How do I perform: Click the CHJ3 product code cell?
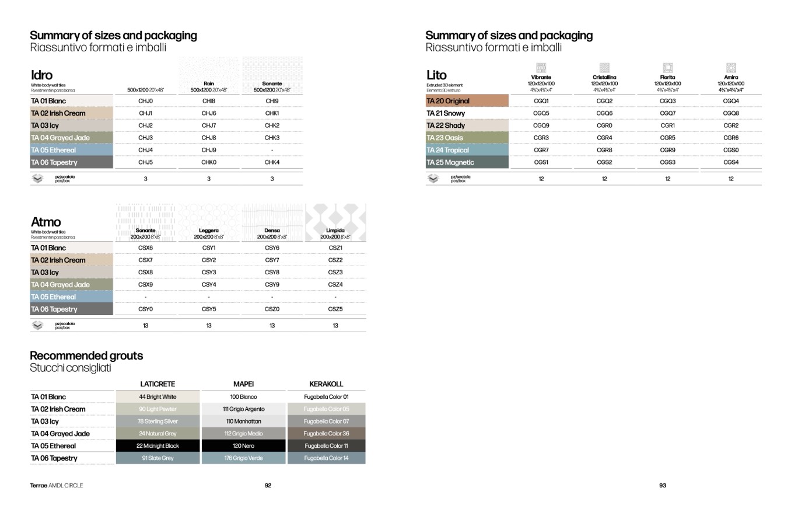(145, 138)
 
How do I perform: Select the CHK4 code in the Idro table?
(272, 162)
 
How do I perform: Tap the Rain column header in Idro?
(209, 84)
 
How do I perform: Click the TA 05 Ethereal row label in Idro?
(54, 150)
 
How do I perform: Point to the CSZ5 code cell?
(335, 309)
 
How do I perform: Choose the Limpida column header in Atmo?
(335, 231)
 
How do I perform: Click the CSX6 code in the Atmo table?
(145, 248)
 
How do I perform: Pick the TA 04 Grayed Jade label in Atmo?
(60, 285)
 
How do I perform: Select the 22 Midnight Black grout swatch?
(157, 446)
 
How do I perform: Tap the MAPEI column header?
(243, 384)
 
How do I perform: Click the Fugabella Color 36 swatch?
(326, 434)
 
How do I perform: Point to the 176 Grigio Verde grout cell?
(243, 458)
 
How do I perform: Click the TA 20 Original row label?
(448, 101)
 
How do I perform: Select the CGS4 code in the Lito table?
(730, 162)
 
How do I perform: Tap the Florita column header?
(667, 77)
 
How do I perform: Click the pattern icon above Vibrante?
(541, 68)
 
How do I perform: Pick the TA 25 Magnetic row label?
(450, 162)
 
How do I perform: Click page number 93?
(662, 485)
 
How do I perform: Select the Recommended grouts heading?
(86, 355)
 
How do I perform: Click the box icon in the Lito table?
(433, 179)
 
